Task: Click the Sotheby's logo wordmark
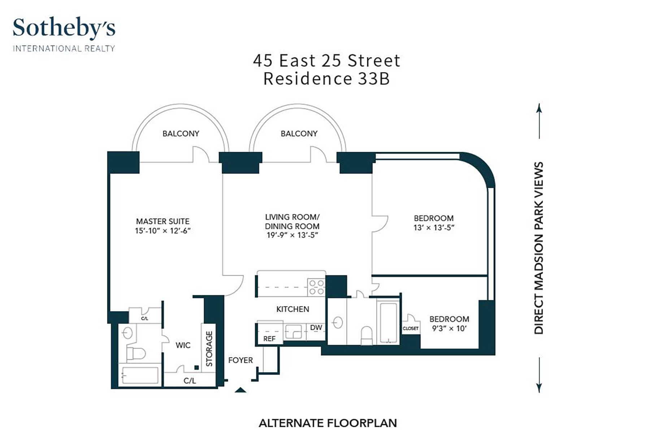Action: pyautogui.click(x=64, y=28)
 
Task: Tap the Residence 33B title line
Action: pyautogui.click(x=327, y=79)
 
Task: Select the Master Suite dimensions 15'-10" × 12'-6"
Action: pyautogui.click(x=163, y=231)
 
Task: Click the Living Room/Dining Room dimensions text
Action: pyautogui.click(x=292, y=235)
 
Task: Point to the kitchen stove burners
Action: pyautogui.click(x=316, y=287)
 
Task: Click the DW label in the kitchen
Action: pyautogui.click(x=316, y=328)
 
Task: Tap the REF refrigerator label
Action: pyautogui.click(x=269, y=339)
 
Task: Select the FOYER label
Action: pyautogui.click(x=240, y=360)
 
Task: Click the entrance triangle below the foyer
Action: pyautogui.click(x=240, y=390)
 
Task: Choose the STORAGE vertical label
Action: pyautogui.click(x=209, y=349)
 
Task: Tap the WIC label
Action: pyautogui.click(x=183, y=345)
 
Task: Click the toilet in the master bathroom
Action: pyautogui.click(x=136, y=354)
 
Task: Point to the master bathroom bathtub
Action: pyautogui.click(x=140, y=375)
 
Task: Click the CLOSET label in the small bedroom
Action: pyautogui.click(x=411, y=328)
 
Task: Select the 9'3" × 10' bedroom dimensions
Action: pyautogui.click(x=450, y=329)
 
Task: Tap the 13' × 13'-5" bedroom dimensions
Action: pyautogui.click(x=434, y=228)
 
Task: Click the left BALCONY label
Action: pyautogui.click(x=181, y=134)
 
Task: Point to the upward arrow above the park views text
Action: pyautogui.click(x=539, y=121)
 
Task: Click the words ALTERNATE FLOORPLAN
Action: pyautogui.click(x=328, y=423)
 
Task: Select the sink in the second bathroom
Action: pyautogui.click(x=338, y=323)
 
